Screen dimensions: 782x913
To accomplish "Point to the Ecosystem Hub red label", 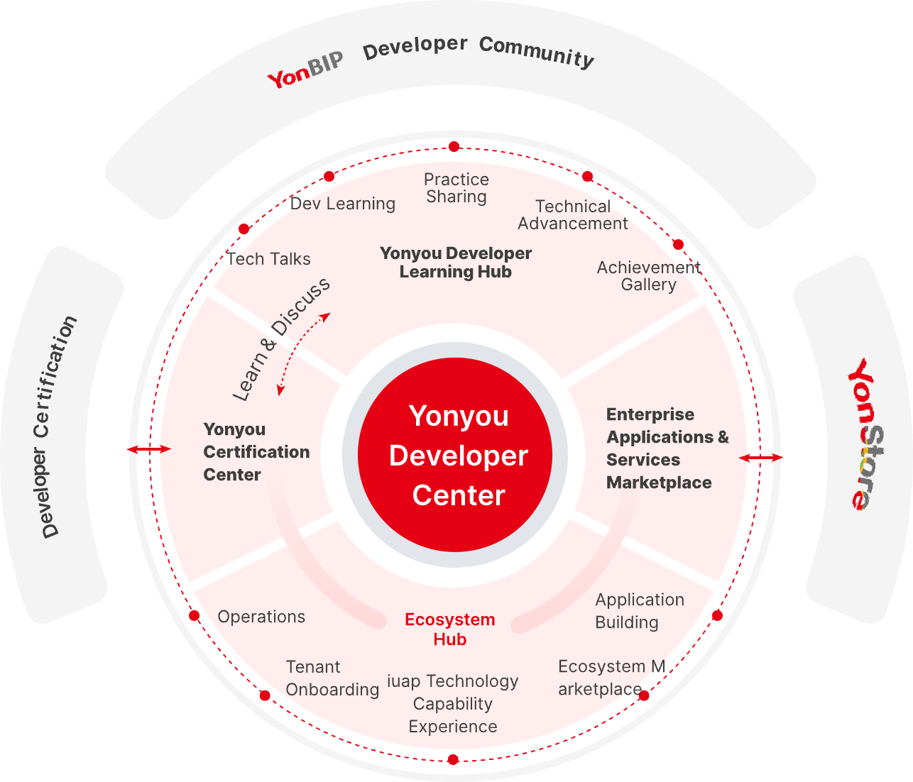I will click(449, 629).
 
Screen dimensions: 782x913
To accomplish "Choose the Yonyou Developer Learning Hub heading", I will click(455, 262).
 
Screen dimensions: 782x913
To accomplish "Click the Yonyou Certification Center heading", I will click(256, 451).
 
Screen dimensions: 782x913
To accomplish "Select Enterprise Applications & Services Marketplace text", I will click(667, 448).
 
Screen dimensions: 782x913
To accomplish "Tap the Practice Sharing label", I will click(456, 188).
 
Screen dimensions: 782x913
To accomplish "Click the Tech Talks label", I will click(269, 259).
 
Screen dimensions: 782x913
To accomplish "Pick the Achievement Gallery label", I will click(647, 275).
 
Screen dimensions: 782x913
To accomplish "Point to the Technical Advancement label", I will click(572, 214).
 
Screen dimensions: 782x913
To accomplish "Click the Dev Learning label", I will click(343, 204).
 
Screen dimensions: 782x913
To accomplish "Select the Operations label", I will click(261, 617).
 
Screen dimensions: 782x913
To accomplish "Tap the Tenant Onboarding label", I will click(332, 678).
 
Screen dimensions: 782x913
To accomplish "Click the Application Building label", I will click(639, 610).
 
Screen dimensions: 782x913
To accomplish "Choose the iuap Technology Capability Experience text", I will click(452, 703).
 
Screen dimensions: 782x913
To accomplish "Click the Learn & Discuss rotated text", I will click(281, 338).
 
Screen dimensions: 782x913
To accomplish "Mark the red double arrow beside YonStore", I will click(760, 458).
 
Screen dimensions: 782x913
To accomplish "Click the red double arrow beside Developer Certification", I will click(149, 449).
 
